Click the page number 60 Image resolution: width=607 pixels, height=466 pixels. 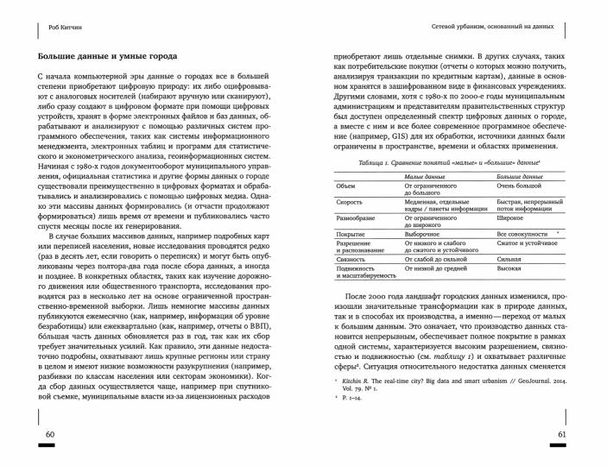tap(50, 432)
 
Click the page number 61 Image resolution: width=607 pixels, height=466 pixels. tap(561, 432)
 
